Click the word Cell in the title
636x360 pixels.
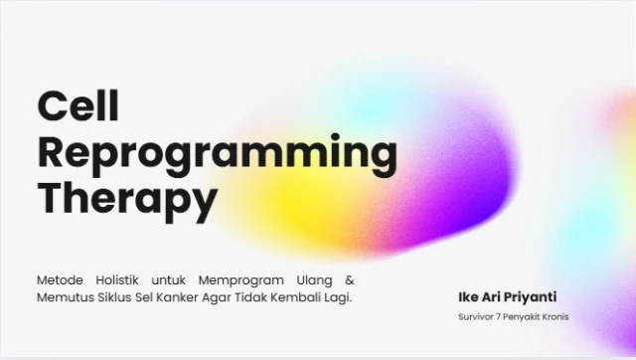[x=77, y=105]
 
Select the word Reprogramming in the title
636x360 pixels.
[x=217, y=154]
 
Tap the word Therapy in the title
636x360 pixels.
[x=126, y=200]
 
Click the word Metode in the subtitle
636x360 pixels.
[x=60, y=279]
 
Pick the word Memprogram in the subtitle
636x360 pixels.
[x=238, y=279]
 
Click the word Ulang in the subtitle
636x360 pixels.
[x=310, y=279]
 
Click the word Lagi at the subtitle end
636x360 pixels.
[x=339, y=297]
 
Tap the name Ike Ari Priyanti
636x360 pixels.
[x=507, y=297]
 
